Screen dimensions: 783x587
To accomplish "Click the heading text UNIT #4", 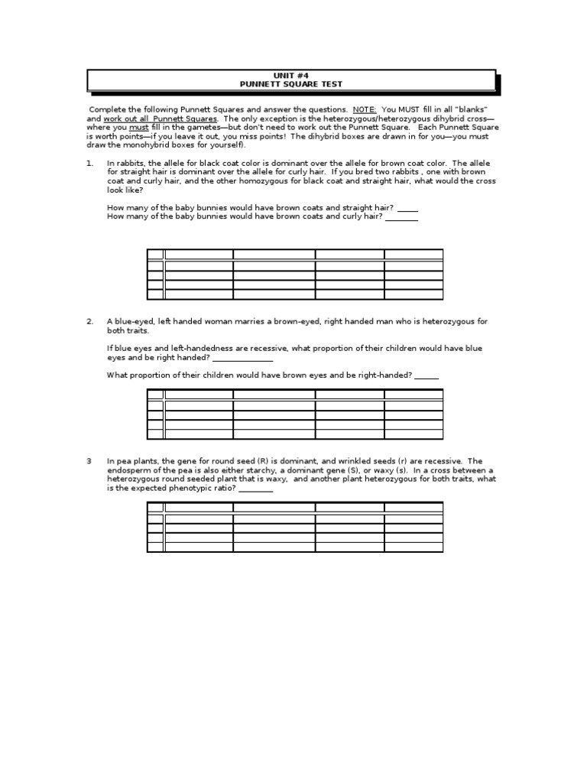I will [x=291, y=76].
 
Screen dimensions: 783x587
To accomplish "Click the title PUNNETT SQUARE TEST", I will [x=291, y=84].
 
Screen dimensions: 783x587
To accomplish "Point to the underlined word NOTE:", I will [x=365, y=109].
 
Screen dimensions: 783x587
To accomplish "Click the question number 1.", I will [x=89, y=163].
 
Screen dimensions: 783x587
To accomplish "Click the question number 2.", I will [x=89, y=321].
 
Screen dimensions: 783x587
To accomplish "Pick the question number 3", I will [x=89, y=461].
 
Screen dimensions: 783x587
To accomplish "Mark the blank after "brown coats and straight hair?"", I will [x=407, y=208].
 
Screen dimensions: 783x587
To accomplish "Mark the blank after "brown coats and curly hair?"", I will [x=401, y=217].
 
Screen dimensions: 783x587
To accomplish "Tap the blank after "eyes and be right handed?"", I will [x=242, y=357].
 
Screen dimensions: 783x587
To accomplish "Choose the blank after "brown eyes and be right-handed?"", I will [x=426, y=375].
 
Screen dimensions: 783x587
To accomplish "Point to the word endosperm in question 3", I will [x=130, y=470].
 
